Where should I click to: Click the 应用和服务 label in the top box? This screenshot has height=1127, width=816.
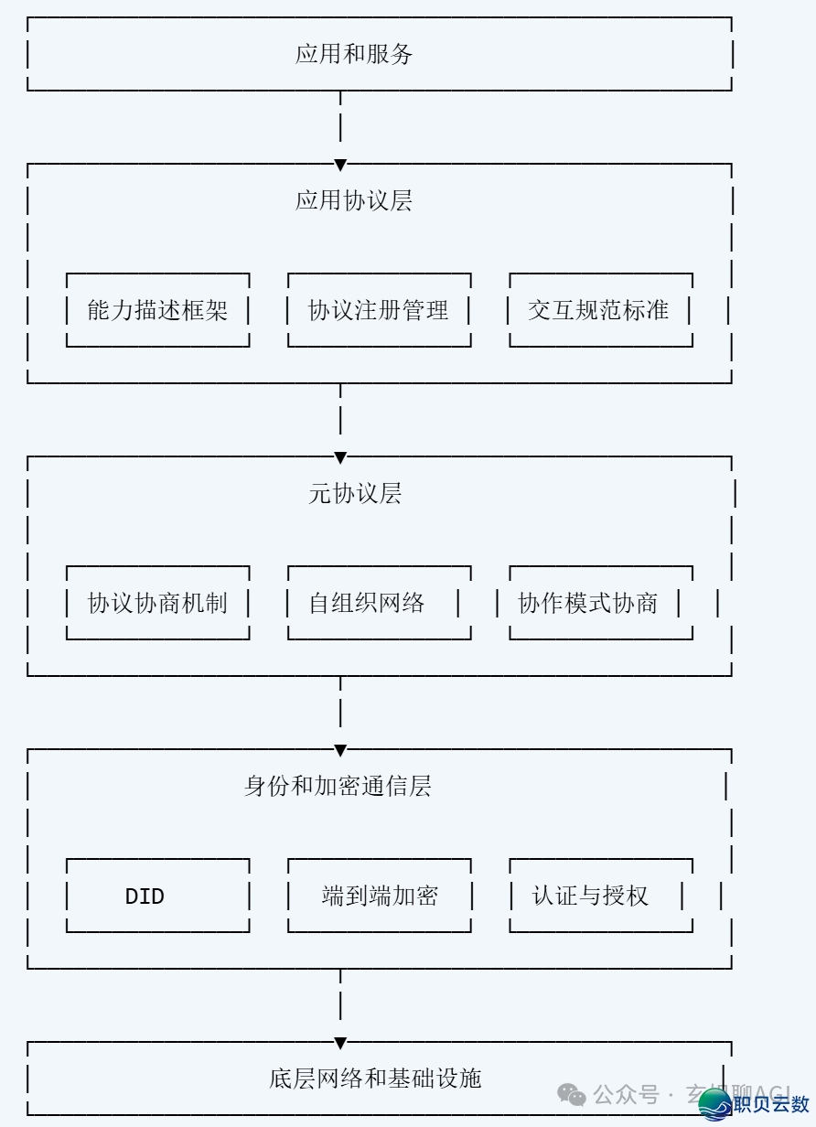(354, 54)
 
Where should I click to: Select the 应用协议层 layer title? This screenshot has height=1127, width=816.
(354, 200)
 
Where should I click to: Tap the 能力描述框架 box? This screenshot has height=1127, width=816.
(157, 310)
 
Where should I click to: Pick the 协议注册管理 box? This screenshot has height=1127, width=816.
(379, 310)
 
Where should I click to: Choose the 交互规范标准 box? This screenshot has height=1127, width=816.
(599, 310)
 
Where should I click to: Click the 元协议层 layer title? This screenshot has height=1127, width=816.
(355, 494)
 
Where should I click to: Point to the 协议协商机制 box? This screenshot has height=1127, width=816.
(157, 603)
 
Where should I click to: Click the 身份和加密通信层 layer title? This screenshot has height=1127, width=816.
(338, 786)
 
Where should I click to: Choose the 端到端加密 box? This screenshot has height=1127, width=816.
(379, 896)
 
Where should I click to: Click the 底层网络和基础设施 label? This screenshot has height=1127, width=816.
(375, 1079)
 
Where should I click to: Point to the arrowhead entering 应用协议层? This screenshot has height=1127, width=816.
(340, 166)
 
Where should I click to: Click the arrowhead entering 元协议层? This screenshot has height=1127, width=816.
(340, 458)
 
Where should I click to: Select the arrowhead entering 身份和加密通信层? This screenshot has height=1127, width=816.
(340, 751)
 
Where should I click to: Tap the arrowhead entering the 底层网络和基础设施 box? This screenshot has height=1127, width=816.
(340, 1044)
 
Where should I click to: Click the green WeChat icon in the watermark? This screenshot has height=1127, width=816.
(573, 1094)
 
